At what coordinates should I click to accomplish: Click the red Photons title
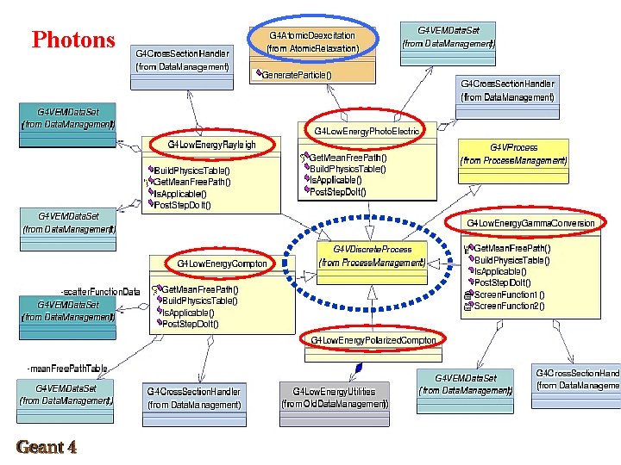tap(73, 40)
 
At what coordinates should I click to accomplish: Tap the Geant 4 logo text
tap(46, 447)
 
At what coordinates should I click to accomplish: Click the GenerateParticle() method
tap(297, 75)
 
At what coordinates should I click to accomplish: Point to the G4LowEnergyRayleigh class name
tap(211, 144)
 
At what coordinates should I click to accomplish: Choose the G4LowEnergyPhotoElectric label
tap(367, 131)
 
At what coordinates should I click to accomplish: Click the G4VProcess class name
tap(514, 147)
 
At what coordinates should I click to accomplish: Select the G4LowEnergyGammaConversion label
tap(530, 223)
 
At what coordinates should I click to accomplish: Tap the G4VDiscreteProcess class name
tap(372, 249)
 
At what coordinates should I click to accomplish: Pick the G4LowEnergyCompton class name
tap(223, 263)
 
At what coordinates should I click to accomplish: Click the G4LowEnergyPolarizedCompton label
tap(373, 340)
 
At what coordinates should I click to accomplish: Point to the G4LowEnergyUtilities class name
tap(335, 392)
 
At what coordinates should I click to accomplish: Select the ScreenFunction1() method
tap(510, 294)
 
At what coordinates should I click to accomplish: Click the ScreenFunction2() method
tap(510, 306)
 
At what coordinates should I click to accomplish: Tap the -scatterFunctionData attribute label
tap(100, 291)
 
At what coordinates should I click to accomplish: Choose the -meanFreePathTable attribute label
tap(68, 369)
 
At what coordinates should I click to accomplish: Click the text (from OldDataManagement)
tap(335, 404)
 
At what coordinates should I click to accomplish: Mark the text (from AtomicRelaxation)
tap(313, 48)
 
